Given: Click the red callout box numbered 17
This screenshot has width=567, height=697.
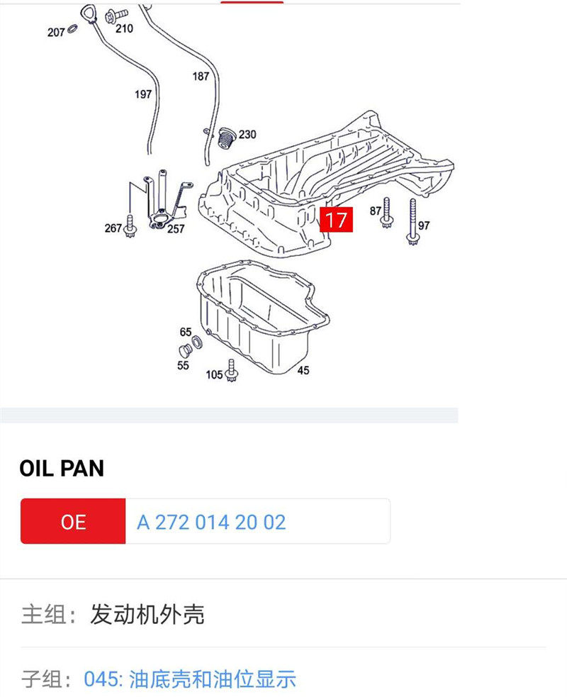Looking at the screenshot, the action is [336, 220].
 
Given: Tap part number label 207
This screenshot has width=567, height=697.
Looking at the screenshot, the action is [57, 32].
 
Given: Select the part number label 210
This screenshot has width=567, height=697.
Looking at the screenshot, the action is [124, 28].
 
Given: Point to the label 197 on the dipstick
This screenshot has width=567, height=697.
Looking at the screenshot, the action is [143, 94].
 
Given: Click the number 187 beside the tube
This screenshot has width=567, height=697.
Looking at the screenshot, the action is [201, 76].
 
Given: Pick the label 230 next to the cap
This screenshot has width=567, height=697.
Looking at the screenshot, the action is [247, 134].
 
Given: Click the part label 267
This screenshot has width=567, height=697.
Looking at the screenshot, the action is [113, 228].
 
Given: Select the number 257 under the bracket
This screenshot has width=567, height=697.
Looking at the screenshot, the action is [175, 228].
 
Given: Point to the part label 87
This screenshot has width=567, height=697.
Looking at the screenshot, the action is [376, 211].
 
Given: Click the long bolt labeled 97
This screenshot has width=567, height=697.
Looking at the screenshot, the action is [412, 221].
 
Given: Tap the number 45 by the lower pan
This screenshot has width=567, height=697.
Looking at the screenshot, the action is [303, 370].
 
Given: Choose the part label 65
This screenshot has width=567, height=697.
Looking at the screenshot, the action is [186, 332].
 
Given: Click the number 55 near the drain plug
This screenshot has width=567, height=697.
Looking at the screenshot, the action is [184, 365].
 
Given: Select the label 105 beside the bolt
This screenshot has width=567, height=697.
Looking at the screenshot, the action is [214, 374].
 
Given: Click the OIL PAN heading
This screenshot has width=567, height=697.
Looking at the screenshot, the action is [62, 468].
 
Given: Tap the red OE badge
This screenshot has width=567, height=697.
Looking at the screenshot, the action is [73, 522].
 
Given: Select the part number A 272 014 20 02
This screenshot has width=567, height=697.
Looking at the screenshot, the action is [211, 523].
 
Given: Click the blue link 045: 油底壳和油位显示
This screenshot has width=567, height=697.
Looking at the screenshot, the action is [189, 679].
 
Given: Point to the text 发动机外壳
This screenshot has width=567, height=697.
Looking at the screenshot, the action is [147, 614].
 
